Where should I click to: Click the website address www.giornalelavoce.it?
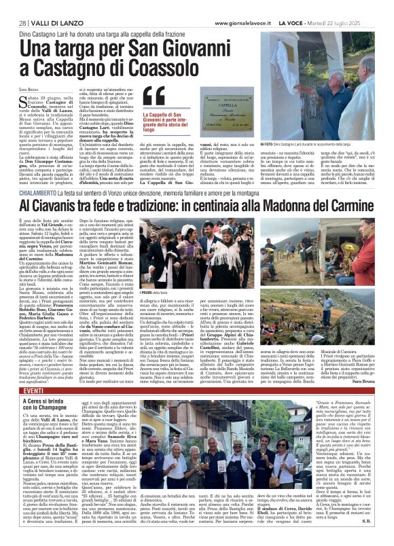pyautogui.click(x=257, y=6)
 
